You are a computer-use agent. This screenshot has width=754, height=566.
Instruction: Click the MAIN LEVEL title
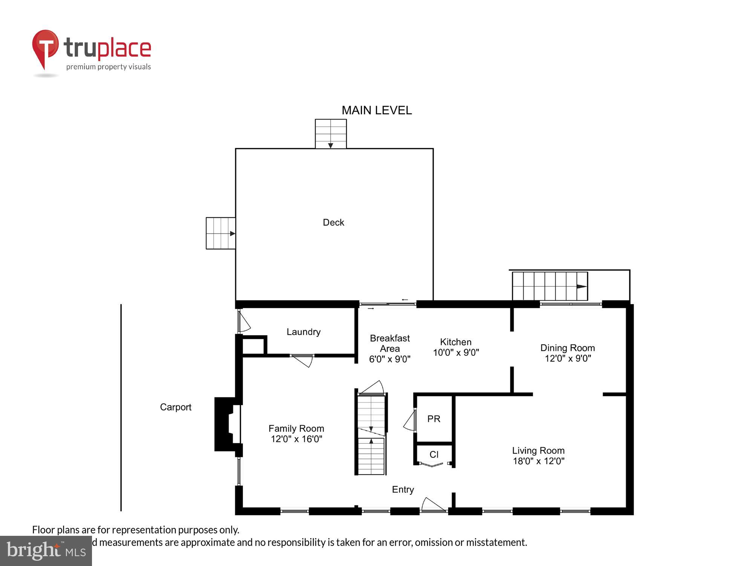coord(376,110)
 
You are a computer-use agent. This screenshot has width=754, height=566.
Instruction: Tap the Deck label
coord(333,222)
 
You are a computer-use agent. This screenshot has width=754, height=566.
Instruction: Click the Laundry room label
coord(303,332)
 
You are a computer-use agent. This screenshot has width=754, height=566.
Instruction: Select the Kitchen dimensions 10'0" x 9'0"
coord(456,352)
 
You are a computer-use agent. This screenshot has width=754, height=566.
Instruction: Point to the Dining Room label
coord(567,348)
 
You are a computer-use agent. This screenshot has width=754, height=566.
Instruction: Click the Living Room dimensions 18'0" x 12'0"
coord(538,461)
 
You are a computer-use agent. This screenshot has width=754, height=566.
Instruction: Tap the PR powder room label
coord(434,419)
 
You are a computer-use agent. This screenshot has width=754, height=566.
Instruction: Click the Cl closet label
coord(434,455)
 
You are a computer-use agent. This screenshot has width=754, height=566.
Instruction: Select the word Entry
coord(403,489)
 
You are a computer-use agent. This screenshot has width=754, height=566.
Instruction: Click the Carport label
coord(176,407)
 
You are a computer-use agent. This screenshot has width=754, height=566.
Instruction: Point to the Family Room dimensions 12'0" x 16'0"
coord(296,439)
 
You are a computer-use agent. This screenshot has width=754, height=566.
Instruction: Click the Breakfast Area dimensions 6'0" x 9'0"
coord(389,359)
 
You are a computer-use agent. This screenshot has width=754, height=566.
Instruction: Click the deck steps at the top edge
coord(331,134)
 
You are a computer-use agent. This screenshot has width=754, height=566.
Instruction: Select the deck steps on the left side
coord(221,233)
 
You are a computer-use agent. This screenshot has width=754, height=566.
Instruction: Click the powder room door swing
coord(409,422)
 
